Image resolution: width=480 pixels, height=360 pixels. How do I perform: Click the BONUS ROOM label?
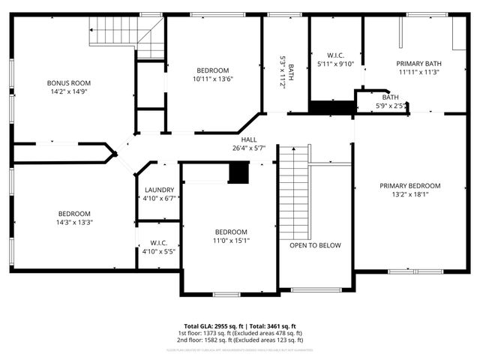(68, 82)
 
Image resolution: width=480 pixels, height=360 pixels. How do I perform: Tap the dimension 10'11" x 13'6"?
(212, 79)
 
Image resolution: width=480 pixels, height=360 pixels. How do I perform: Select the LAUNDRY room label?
(159, 190)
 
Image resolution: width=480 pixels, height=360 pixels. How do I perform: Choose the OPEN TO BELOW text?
(315, 245)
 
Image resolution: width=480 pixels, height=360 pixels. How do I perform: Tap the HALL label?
(249, 139)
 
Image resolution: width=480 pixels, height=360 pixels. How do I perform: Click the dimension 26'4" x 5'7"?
(249, 148)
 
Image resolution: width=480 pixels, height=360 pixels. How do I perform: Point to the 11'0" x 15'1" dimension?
(230, 241)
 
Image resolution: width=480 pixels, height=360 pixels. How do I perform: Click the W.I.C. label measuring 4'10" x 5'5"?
(159, 243)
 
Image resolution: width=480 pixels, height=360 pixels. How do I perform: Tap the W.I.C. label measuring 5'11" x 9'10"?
(335, 55)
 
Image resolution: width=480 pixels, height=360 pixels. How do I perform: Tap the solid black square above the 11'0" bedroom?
(238, 174)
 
